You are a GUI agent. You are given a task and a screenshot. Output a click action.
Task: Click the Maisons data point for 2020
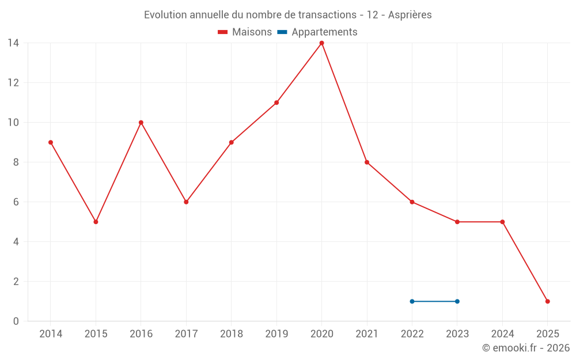321,43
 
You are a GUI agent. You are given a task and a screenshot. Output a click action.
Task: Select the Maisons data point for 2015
96,222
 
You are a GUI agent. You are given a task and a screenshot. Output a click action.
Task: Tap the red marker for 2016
141,123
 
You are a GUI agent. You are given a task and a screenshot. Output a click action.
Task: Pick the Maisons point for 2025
547,301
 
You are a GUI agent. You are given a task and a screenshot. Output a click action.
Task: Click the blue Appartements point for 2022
412,301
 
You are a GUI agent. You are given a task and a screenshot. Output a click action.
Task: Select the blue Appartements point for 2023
457,301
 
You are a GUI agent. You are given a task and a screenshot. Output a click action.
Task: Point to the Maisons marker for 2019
276,103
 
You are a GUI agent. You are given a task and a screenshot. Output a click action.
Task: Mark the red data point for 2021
367,162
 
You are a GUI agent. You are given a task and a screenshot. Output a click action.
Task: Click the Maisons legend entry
245,32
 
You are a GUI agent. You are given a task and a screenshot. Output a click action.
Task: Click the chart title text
287,15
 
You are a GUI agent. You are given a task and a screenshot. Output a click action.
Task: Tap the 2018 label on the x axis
231,334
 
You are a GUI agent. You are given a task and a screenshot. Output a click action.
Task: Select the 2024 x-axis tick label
502,334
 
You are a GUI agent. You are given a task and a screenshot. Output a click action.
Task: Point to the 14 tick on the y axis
13,43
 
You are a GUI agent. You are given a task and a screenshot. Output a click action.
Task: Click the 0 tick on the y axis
16,321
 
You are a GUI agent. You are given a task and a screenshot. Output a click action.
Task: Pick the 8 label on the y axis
16,162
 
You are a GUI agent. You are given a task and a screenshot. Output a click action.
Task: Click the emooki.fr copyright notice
525,348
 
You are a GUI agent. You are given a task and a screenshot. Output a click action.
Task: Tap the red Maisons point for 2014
51,142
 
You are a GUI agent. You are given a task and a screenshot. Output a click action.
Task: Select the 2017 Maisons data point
186,202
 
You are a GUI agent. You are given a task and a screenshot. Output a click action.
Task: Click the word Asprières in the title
410,15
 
